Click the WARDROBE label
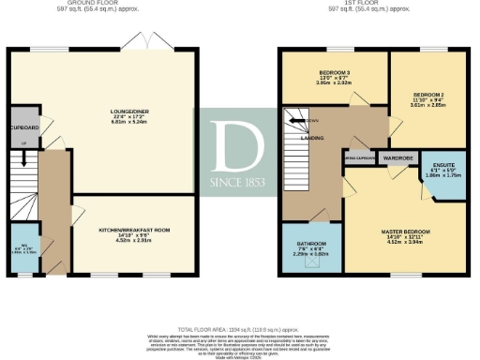click(x=398, y=158)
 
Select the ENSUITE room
click(x=439, y=172)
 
